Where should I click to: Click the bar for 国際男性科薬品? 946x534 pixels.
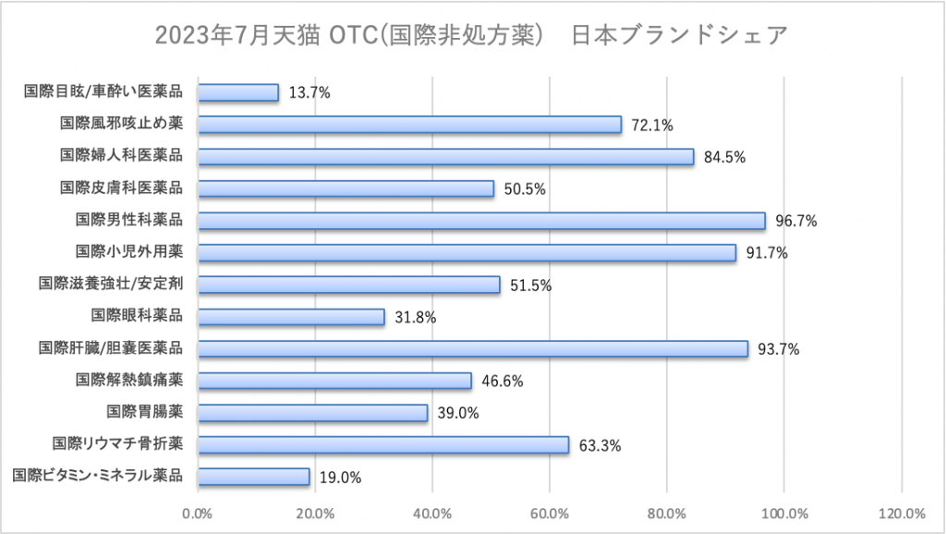481,221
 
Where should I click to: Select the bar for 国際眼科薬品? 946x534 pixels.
291,317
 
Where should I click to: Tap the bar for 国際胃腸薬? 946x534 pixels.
312,413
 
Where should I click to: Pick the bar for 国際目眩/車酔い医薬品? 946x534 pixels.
238,92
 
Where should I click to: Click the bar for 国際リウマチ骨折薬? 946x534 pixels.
383,445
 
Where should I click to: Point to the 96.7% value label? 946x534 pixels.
796,221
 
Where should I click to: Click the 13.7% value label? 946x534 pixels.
309,92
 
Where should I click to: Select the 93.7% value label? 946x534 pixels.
779,349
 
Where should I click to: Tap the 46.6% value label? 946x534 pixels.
503,382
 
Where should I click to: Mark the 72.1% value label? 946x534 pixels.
652,125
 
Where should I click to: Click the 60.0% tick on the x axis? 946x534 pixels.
549,513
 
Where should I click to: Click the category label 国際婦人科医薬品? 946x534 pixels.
121,156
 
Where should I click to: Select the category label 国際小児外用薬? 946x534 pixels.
129,252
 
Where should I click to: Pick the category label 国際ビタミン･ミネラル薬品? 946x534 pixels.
98,477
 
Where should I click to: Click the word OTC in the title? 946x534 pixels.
349,35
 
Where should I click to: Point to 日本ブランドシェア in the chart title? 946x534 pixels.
680,35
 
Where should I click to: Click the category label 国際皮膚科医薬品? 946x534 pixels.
121,188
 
